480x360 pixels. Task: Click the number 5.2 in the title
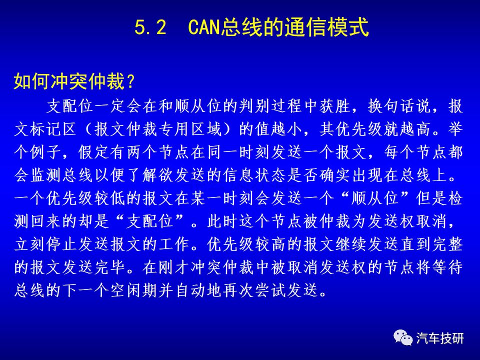(150, 27)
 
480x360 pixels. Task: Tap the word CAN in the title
(203, 27)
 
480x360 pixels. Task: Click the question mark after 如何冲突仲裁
(130, 81)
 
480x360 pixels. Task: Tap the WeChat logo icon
(403, 337)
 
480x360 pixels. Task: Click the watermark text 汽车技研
(439, 338)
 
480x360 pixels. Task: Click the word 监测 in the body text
(46, 175)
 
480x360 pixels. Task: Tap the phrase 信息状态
(254, 175)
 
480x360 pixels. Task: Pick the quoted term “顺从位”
(376, 198)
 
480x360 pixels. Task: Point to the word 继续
(351, 244)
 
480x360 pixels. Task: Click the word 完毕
(109, 267)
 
